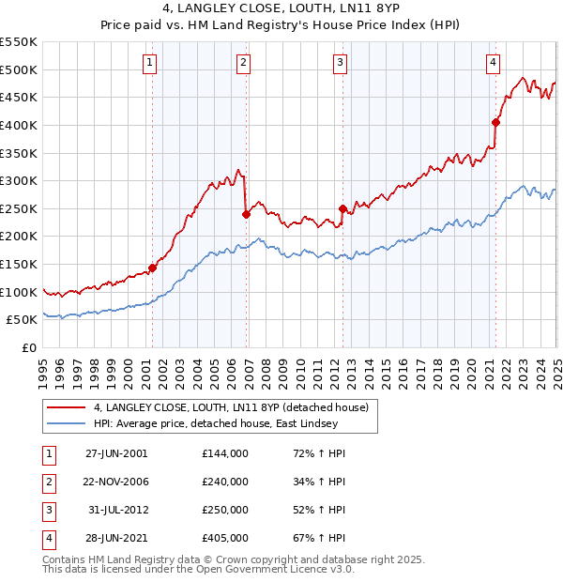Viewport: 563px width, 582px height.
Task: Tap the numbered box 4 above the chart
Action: [493, 64]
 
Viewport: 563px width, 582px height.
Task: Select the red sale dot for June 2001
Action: [152, 267]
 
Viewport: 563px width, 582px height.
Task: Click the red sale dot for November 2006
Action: [246, 214]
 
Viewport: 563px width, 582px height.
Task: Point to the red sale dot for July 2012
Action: [342, 208]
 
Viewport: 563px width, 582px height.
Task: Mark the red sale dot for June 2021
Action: [495, 122]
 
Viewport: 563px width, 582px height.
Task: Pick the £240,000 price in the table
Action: [225, 482]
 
